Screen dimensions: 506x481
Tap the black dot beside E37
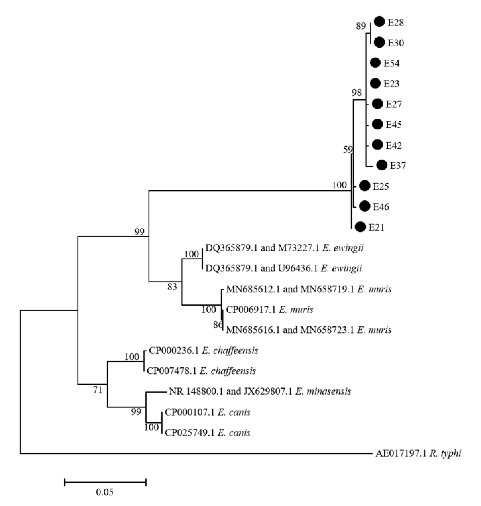coord(382,165)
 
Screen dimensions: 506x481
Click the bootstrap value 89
coord(361,26)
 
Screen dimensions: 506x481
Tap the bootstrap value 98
coord(356,93)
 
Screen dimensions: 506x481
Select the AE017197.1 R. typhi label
coord(418,454)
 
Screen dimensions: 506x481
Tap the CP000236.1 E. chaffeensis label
coord(203,350)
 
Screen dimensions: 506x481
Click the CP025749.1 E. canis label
coord(207,433)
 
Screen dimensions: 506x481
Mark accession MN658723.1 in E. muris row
coord(327,330)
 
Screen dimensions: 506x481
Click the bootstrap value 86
coord(218,325)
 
